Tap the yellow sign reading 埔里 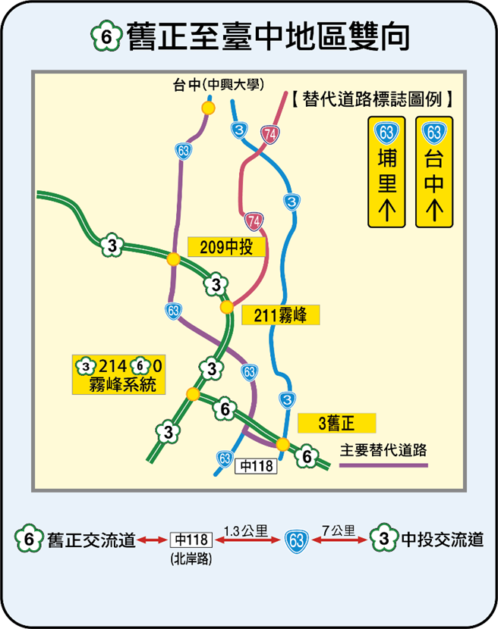point(387,171)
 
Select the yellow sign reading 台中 point(434,171)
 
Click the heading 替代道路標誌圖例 point(373,99)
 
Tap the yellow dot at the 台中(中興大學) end point(208,108)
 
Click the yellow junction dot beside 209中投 point(174,259)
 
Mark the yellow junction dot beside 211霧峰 point(225,307)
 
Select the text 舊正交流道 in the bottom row point(91,540)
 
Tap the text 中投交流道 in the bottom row point(442,540)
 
